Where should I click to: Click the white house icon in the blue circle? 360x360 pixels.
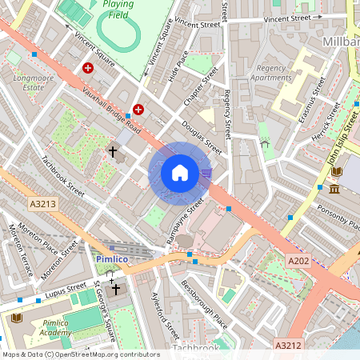click(x=180, y=172)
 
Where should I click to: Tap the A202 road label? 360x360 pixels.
click(x=298, y=260)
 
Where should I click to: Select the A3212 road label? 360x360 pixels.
click(x=289, y=346)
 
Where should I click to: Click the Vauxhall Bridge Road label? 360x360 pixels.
click(x=112, y=111)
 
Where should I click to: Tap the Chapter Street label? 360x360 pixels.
click(x=201, y=87)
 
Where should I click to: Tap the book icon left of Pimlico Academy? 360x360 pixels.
click(x=16, y=318)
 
